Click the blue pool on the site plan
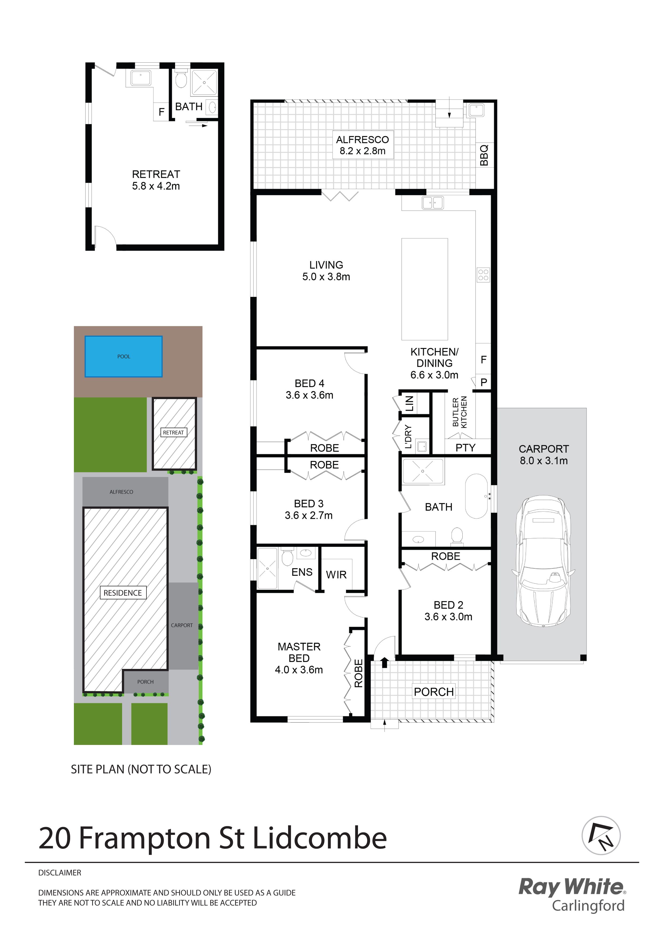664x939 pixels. tap(123, 356)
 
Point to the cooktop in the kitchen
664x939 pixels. tap(483, 275)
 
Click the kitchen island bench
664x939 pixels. tap(425, 289)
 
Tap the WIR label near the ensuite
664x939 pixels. tap(336, 575)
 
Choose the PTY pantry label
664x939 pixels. tap(466, 448)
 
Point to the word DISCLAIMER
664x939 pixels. tap(60, 873)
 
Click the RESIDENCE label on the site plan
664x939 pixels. tap(123, 593)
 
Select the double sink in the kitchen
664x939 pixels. tap(432, 203)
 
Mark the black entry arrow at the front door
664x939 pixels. tap(384, 662)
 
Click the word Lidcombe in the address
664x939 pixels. tap(319, 838)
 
